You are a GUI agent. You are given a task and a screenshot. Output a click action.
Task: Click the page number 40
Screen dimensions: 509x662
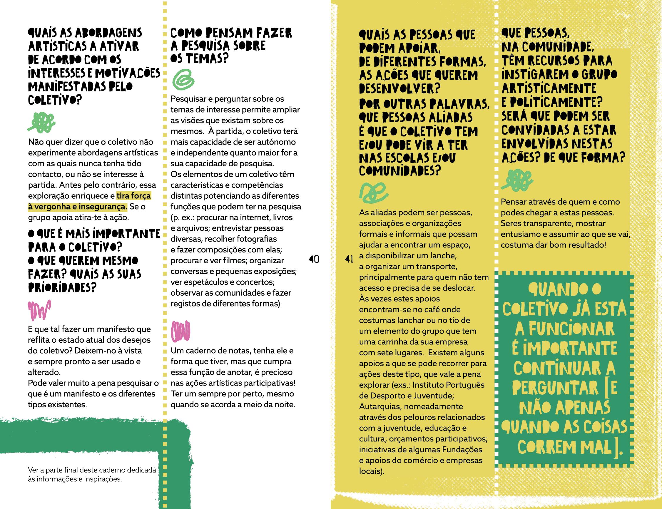(x=314, y=259)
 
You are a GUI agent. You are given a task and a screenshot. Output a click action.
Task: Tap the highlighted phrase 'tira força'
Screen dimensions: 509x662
(x=134, y=196)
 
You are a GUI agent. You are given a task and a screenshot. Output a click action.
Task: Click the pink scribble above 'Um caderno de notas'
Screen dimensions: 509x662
(x=181, y=330)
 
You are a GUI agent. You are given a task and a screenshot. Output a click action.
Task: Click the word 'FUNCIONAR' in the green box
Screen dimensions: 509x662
(x=565, y=329)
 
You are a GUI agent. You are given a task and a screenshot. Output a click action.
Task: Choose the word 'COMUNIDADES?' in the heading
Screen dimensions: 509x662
(x=399, y=172)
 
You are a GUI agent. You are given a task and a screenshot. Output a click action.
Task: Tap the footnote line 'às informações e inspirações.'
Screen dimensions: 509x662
(x=75, y=480)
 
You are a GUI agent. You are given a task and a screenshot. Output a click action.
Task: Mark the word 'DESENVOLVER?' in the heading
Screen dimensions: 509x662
(x=399, y=88)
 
